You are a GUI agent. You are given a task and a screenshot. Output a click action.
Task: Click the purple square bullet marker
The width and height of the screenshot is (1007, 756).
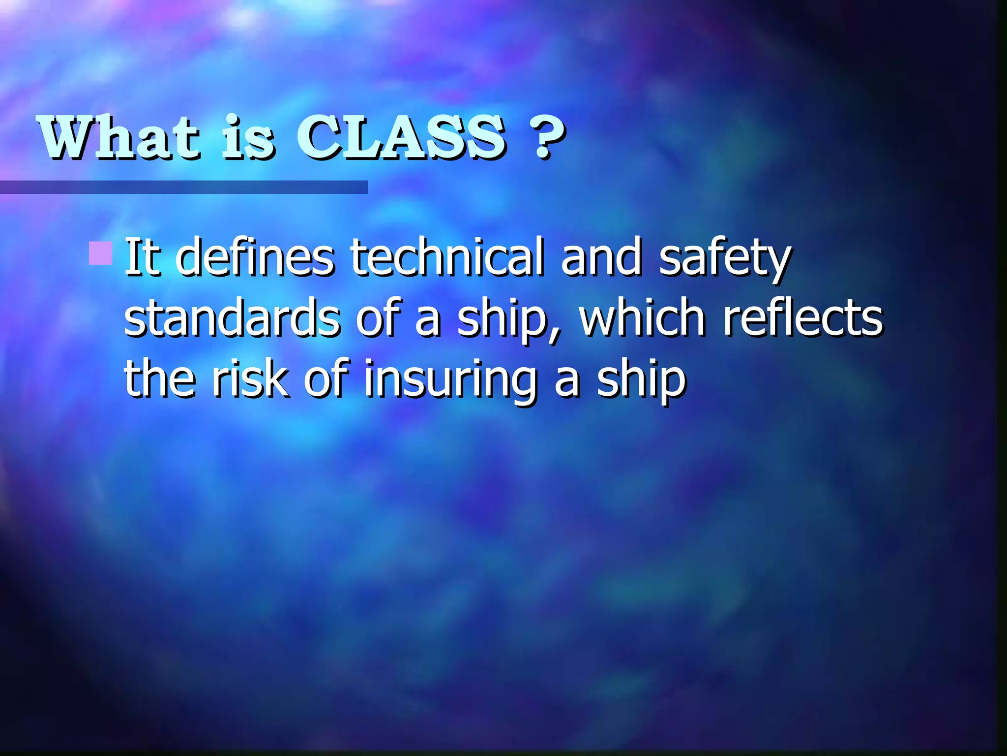coord(101,253)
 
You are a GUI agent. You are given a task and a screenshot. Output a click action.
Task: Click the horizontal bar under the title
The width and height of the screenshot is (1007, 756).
coord(184,187)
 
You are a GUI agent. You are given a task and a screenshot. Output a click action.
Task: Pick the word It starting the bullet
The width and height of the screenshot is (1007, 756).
coord(143,257)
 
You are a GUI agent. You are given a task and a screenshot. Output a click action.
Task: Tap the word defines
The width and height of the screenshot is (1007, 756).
coord(255,257)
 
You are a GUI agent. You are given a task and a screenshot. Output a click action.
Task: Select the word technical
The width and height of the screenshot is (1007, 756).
coord(447,257)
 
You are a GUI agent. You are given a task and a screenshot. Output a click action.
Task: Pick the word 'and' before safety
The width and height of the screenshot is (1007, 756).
coord(601,257)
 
